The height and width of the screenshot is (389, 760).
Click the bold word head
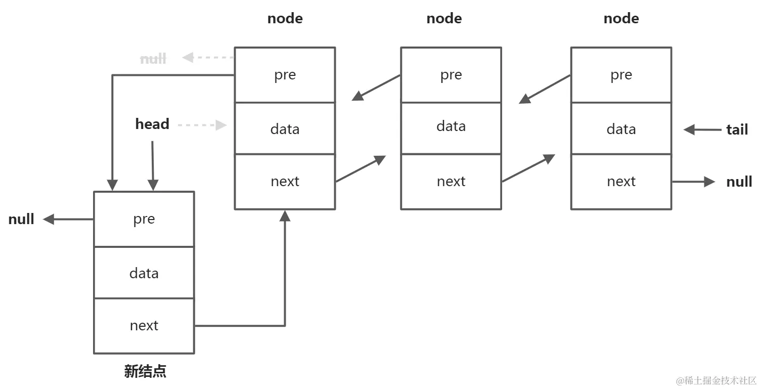point(152,124)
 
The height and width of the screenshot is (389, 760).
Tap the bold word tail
point(737,130)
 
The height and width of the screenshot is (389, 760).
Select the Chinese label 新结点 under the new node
point(145,372)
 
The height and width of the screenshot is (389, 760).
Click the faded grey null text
point(153,59)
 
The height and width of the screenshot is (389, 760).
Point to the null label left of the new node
point(21,220)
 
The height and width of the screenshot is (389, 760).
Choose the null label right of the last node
point(739,182)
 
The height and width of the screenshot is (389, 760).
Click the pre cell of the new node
point(144,219)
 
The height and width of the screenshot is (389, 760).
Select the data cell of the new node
point(144,273)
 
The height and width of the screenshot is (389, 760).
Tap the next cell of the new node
point(144,326)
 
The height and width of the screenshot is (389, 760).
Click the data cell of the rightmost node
point(621,129)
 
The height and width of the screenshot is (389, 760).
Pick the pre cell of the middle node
point(451,75)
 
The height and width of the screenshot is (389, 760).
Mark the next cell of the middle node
point(451,182)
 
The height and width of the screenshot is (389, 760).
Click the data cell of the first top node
point(285,129)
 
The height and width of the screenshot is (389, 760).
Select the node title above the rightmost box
point(621,19)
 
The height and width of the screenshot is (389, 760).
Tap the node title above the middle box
point(444,19)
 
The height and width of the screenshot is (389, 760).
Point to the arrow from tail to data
point(702,130)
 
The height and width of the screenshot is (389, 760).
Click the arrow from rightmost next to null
point(693,182)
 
